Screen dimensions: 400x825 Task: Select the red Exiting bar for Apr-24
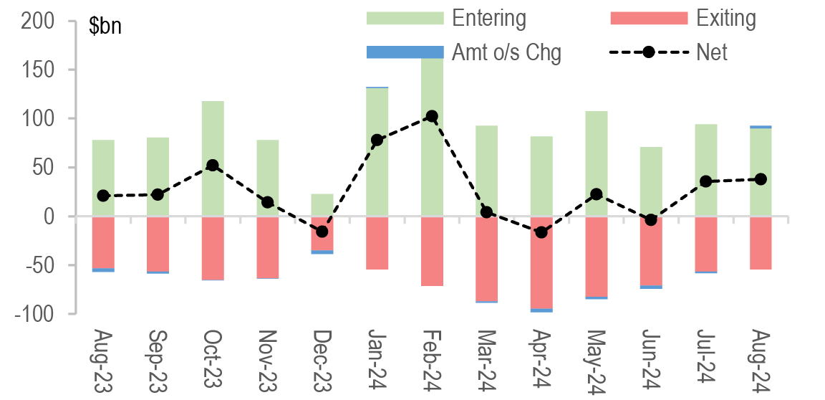[x=541, y=262]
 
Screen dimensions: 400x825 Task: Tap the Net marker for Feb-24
[x=432, y=116]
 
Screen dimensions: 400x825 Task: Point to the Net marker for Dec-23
[x=322, y=232]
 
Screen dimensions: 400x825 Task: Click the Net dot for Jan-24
[x=377, y=140]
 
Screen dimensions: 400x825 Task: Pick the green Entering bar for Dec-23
[x=322, y=204]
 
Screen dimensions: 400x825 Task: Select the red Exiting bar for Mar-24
[x=487, y=258]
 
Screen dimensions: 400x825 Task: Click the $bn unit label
[x=105, y=27]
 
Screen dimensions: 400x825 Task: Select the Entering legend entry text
[x=489, y=18]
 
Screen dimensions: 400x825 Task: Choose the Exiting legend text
[x=726, y=18]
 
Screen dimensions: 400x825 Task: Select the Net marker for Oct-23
[x=213, y=165]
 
